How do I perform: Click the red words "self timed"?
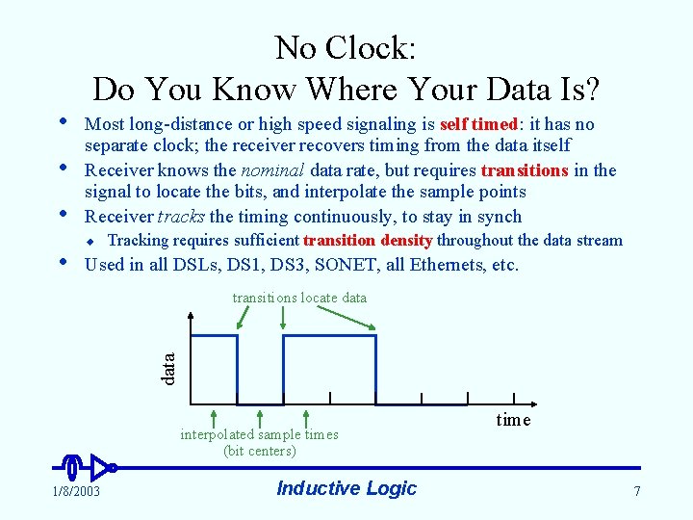(x=478, y=124)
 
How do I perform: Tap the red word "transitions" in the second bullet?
(x=525, y=170)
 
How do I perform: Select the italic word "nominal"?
(x=275, y=170)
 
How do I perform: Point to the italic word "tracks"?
(x=181, y=217)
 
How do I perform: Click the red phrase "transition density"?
(x=368, y=241)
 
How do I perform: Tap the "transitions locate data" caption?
(x=299, y=298)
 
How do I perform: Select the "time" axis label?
(x=513, y=420)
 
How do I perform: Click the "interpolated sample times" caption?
(x=260, y=434)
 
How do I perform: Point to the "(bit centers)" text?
(x=260, y=450)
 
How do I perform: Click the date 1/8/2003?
(x=76, y=492)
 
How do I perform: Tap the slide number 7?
(x=636, y=492)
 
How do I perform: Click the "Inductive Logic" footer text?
(x=346, y=488)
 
